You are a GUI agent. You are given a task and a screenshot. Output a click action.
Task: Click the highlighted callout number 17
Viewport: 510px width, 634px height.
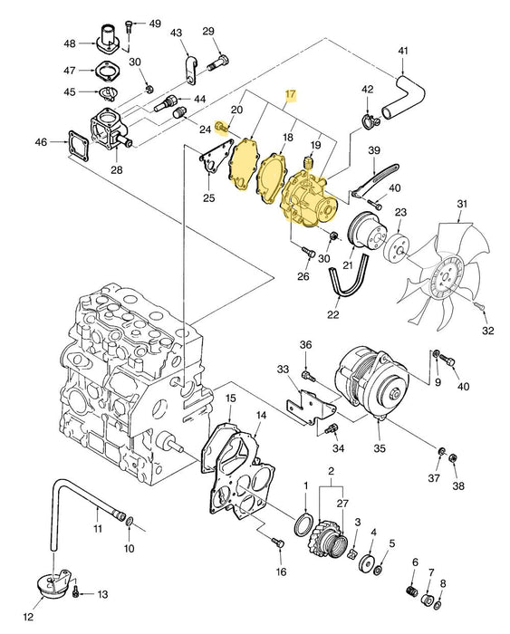(x=291, y=94)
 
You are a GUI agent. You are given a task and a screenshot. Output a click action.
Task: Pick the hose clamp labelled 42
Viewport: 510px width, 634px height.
(x=368, y=120)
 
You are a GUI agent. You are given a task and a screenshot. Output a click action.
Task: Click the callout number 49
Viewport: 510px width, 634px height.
(x=154, y=23)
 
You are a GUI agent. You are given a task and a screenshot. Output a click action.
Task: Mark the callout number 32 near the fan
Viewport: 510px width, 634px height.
(x=488, y=331)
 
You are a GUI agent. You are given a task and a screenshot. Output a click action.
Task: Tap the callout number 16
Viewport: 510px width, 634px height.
(x=281, y=572)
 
